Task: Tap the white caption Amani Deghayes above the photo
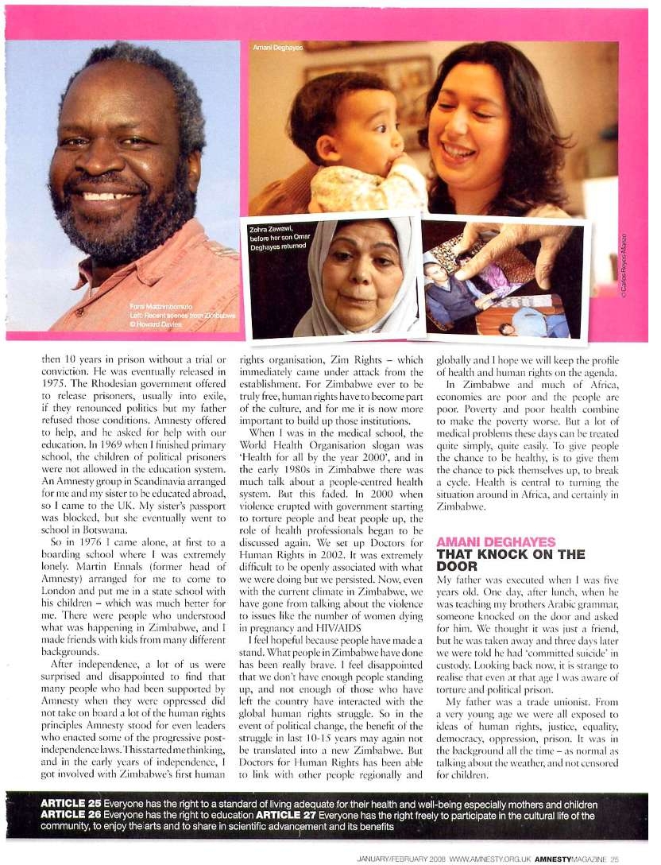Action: pyautogui.click(x=274, y=48)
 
